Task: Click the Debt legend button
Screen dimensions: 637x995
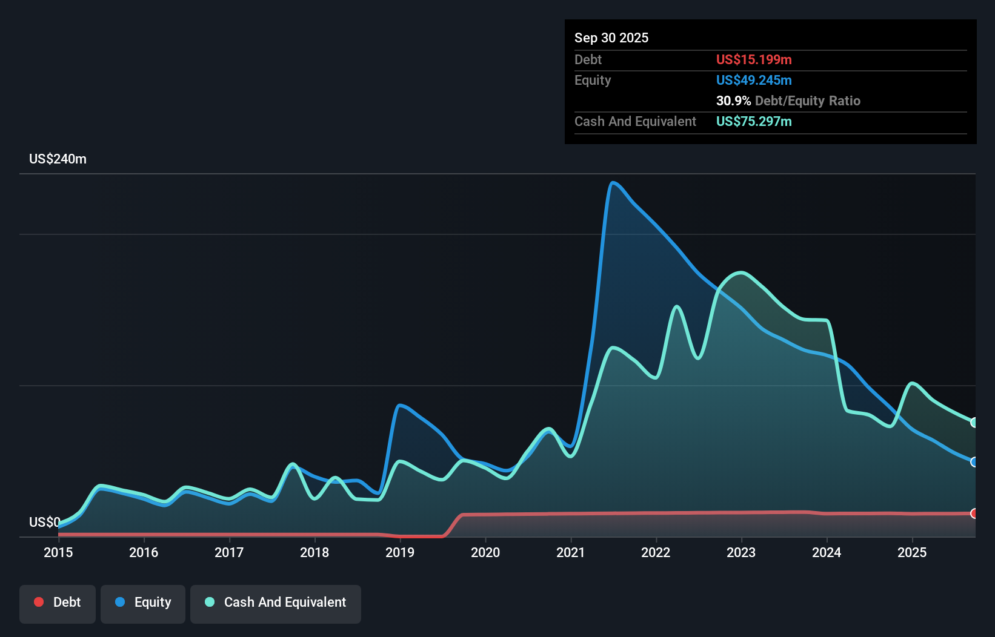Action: [x=58, y=603]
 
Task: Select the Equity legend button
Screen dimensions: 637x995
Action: [x=143, y=603]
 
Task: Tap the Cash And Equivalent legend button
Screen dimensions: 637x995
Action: [x=276, y=603]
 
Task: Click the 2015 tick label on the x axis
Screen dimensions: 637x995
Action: [x=58, y=552]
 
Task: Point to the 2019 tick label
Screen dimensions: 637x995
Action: [x=400, y=552]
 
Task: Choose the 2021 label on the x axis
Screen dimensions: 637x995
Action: [x=571, y=552]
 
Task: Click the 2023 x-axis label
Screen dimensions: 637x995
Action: [x=741, y=552]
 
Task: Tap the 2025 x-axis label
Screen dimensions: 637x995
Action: [x=912, y=552]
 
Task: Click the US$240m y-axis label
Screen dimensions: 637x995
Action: [x=58, y=159]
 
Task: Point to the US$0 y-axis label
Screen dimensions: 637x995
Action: [x=45, y=522]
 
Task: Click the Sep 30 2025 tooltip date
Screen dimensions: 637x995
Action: [x=611, y=38]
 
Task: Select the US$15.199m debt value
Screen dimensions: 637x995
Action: [x=753, y=59]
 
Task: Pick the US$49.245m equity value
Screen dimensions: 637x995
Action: [x=753, y=80]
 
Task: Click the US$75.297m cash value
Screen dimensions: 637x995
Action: [x=753, y=121]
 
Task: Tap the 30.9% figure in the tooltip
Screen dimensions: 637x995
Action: [x=733, y=101]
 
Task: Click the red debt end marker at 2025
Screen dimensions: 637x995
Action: [x=974, y=513]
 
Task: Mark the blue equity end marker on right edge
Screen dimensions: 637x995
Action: [x=974, y=462]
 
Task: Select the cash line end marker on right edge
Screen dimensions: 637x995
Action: [x=974, y=423]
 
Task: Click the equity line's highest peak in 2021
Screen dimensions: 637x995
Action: [x=613, y=182]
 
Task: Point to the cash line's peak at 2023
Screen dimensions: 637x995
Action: [x=741, y=272]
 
